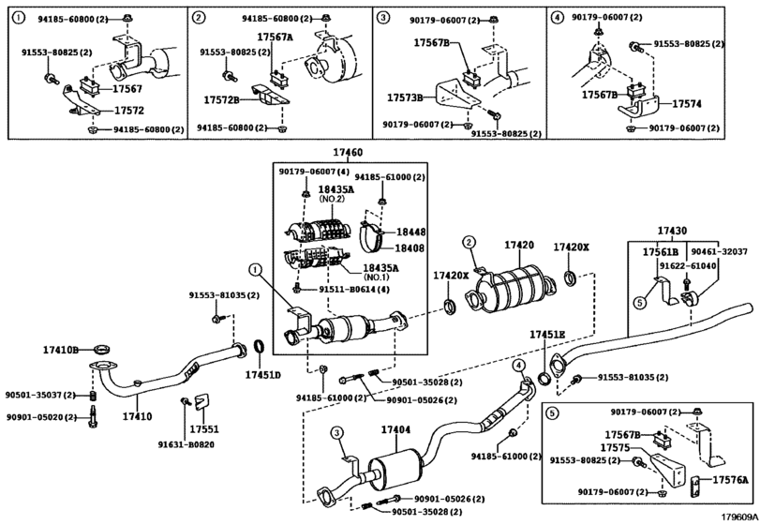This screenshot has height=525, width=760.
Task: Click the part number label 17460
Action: [347, 153]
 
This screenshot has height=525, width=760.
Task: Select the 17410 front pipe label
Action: [137, 416]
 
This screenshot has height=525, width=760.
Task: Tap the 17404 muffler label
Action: [395, 429]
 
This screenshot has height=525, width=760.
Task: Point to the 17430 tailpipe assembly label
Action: [672, 232]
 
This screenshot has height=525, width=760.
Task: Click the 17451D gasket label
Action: [262, 375]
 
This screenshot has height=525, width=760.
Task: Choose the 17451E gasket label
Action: [547, 335]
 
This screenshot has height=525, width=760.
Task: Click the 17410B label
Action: [61, 350]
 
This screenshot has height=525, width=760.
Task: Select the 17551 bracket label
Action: [204, 429]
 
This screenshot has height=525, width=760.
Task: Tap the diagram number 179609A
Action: [738, 517]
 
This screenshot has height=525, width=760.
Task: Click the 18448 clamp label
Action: [410, 232]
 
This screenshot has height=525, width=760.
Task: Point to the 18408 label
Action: [410, 248]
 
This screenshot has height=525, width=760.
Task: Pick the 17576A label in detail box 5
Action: [729, 480]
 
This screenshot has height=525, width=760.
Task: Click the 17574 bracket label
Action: [687, 104]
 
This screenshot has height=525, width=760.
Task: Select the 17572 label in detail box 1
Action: [129, 111]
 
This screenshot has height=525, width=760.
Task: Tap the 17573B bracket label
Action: [405, 97]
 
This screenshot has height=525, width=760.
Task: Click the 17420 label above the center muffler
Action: [519, 246]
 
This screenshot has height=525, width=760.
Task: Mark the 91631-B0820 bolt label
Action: [186, 444]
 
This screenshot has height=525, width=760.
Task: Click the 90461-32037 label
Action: [720, 252]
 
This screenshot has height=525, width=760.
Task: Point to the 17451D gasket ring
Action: [261, 348]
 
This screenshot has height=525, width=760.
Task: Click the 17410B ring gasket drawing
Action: [102, 350]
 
